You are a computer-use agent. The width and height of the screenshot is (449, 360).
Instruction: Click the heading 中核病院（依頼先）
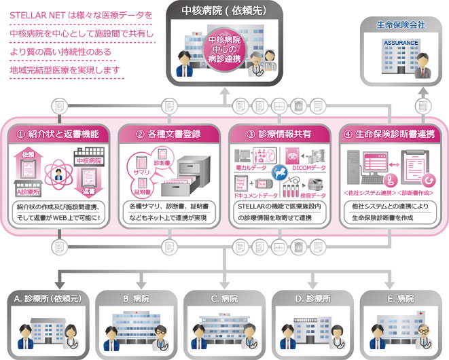tap(223, 11)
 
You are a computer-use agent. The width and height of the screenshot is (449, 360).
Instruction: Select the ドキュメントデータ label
tap(256, 194)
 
